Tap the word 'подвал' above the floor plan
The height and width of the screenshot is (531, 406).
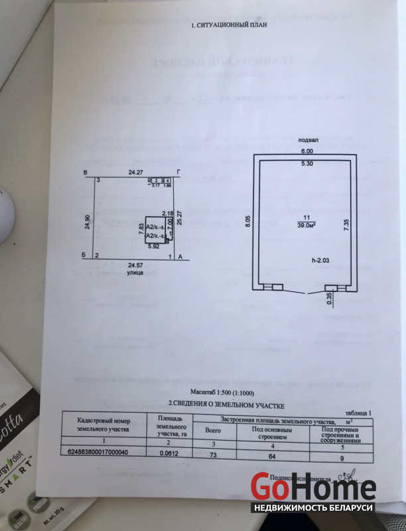coord(308,141)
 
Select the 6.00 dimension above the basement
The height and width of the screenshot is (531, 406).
coord(307,151)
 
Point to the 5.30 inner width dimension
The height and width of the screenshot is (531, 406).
coord(307,163)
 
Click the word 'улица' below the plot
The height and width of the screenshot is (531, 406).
coord(136,272)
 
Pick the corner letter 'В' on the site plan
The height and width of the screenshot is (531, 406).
coord(84,173)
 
